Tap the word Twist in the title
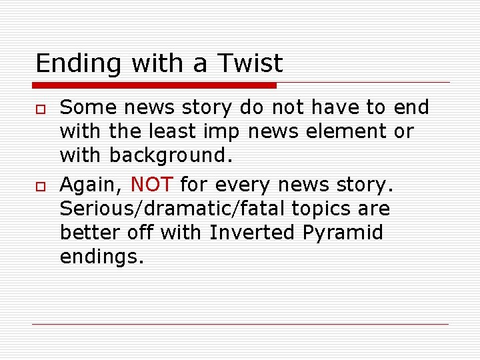250,63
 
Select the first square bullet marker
39,109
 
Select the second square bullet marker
39,184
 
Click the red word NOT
153,183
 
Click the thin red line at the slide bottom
240,324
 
